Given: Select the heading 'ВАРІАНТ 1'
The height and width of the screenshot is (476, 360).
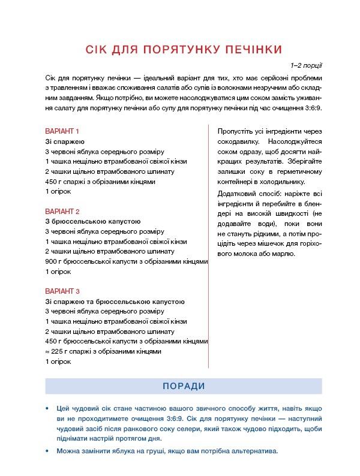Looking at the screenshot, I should (x=62, y=131).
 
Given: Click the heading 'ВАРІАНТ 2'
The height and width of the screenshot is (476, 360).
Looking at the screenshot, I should (x=62, y=211).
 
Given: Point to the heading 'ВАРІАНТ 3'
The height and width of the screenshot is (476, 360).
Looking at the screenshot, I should (x=62, y=291).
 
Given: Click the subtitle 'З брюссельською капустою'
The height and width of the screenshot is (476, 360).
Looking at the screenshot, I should (x=92, y=221).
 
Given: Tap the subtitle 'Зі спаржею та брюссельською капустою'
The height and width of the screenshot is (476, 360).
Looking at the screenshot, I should (x=115, y=302).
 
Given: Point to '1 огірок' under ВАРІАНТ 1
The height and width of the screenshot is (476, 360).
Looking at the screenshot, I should (x=58, y=191).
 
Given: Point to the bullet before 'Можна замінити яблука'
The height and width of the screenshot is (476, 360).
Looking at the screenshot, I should (x=48, y=452).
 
